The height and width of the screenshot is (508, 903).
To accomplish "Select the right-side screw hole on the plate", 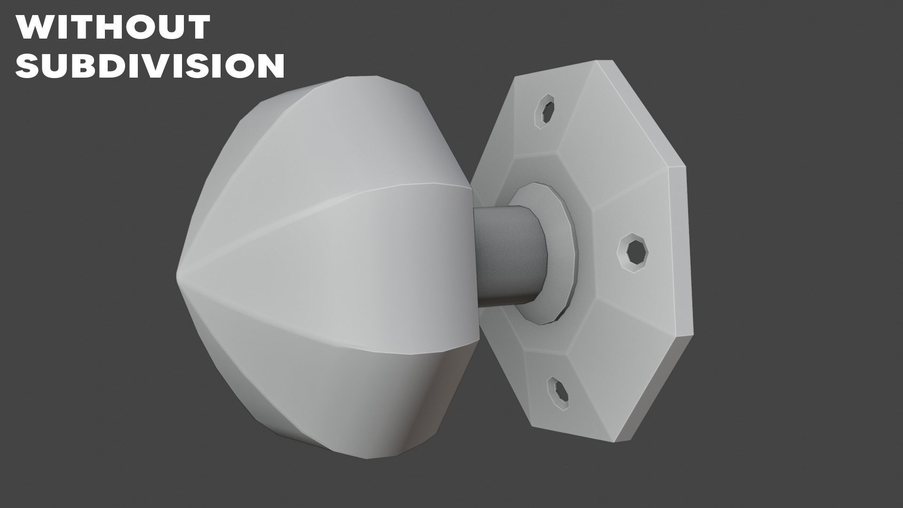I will [633, 253].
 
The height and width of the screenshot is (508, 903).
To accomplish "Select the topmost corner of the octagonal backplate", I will [611, 61].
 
